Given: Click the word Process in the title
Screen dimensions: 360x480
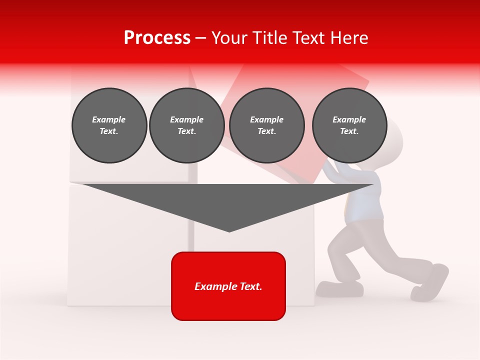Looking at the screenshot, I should pyautogui.click(x=157, y=38).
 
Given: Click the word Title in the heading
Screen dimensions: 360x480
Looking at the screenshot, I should pyautogui.click(x=271, y=38).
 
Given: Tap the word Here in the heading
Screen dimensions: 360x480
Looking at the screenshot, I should pyautogui.click(x=348, y=38).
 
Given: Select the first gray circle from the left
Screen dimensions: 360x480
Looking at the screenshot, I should pyautogui.click(x=109, y=125).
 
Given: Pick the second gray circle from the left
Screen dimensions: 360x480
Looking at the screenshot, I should pyautogui.click(x=186, y=125).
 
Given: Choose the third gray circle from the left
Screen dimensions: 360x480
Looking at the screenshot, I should pyautogui.click(x=266, y=125).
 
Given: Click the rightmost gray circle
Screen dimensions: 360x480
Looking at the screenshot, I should pyautogui.click(x=349, y=125).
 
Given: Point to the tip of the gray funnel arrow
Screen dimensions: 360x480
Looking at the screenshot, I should pyautogui.click(x=229, y=231).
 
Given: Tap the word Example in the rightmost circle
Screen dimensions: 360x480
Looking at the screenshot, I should pyautogui.click(x=349, y=119).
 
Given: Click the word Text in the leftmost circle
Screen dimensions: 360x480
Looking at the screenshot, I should pyautogui.click(x=108, y=131).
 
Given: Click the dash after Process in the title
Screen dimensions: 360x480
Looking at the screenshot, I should pyautogui.click(x=201, y=38).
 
